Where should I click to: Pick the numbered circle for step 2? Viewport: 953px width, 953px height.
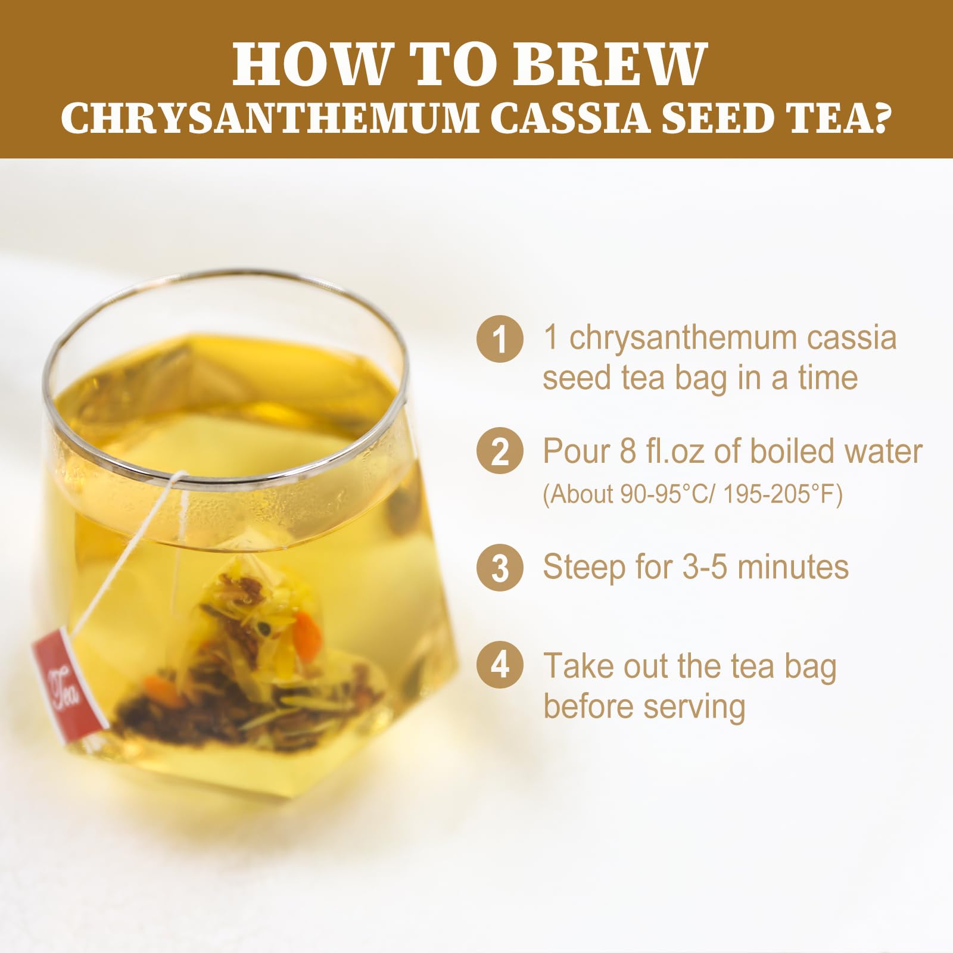tap(500, 452)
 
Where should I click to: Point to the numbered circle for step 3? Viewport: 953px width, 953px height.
tap(500, 567)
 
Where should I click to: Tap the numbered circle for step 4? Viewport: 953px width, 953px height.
tap(500, 665)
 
